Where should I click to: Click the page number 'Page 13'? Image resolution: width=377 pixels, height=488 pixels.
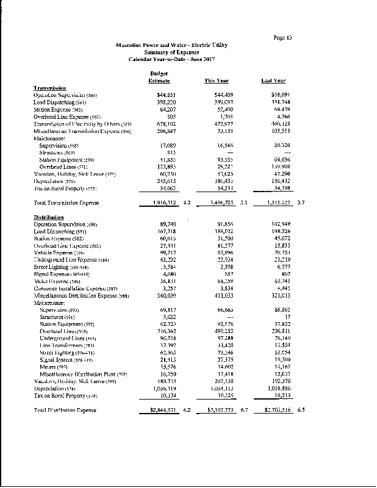point(282,38)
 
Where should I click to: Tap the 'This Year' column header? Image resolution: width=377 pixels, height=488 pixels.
point(216,81)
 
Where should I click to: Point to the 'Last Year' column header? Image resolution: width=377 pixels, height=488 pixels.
point(273,81)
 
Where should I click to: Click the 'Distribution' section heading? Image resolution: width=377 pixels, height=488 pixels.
point(49,218)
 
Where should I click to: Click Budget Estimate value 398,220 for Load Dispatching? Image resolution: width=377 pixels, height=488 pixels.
point(166,102)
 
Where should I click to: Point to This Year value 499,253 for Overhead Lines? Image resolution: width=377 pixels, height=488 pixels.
point(220,330)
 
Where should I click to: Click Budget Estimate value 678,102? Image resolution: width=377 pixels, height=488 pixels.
point(166,124)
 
